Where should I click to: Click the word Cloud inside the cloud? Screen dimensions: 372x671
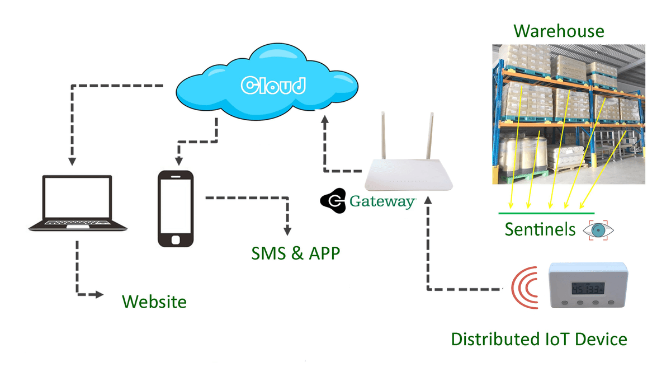point(273,85)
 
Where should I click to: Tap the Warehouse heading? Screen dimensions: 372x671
point(559,30)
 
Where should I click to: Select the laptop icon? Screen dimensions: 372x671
point(78,204)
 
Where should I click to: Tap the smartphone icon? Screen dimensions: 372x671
point(176,209)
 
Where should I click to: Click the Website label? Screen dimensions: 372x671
point(154,302)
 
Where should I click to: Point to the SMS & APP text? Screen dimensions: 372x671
point(295,253)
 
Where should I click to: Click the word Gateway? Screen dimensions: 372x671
point(382,201)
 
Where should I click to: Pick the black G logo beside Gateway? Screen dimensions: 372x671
point(333,201)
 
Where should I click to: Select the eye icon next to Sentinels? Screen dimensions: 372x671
point(598,230)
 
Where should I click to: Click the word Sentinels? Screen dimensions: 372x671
point(540,229)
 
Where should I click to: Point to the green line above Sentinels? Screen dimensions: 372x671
point(546,213)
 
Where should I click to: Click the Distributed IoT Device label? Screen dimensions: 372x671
point(539,339)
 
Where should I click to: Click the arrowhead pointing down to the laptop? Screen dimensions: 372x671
point(72,162)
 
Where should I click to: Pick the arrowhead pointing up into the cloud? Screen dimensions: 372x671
point(324,119)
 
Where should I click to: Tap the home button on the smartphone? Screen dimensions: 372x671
point(176,239)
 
